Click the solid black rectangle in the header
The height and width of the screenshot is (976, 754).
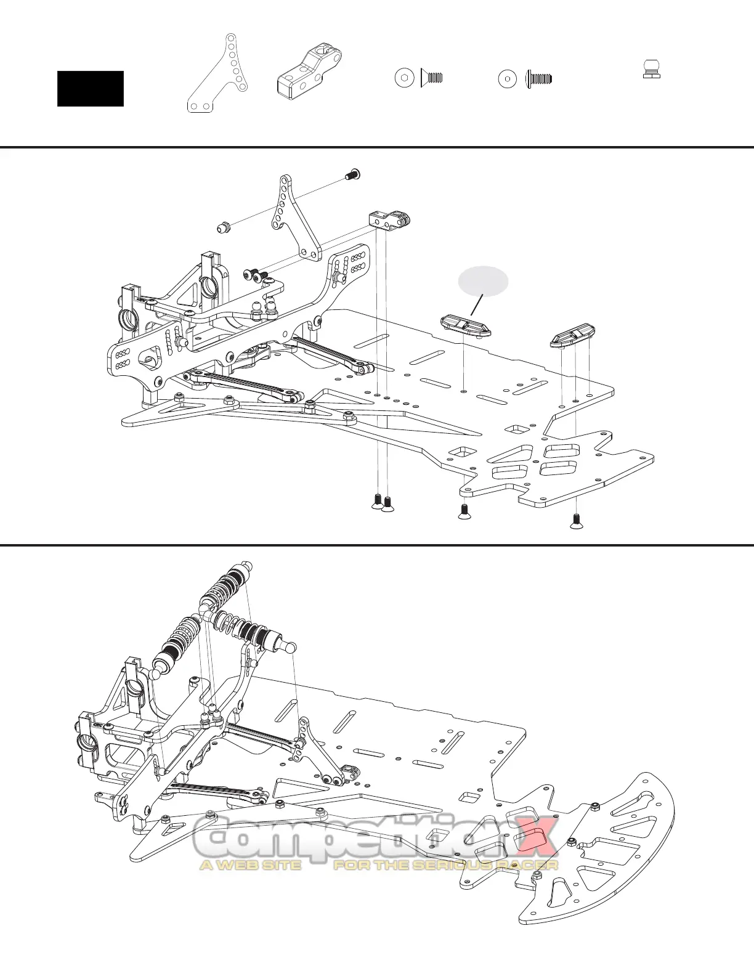(91, 89)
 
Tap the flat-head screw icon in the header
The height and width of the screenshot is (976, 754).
(432, 78)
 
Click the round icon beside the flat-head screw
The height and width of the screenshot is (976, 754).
(403, 78)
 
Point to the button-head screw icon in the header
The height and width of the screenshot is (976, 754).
(538, 78)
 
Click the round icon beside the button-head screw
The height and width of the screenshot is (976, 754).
(508, 78)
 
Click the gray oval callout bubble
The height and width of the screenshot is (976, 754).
(484, 281)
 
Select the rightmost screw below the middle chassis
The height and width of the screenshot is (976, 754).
(576, 522)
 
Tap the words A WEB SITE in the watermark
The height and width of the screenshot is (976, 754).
(250, 865)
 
